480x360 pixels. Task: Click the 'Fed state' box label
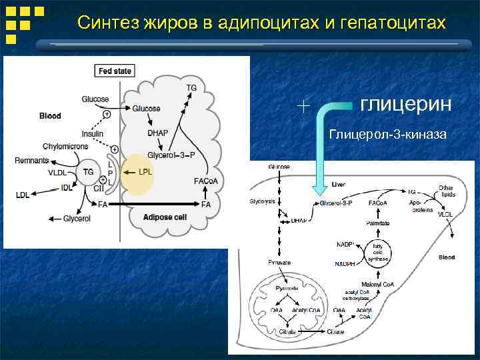115,70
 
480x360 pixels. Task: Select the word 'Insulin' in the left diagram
92,133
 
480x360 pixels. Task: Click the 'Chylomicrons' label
63,146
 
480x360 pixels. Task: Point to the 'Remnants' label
32,161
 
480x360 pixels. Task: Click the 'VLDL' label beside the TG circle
58,173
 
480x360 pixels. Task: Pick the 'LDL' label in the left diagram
23,195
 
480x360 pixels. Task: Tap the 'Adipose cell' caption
165,217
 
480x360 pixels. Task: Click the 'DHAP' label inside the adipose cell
157,133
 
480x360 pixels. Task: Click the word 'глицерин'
406,105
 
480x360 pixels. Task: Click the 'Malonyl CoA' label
378,284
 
